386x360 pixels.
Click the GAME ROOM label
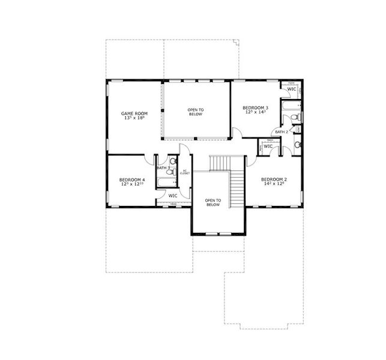[x=134, y=113]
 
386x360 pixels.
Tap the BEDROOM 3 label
[x=256, y=107]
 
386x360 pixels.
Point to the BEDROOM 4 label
[x=131, y=179]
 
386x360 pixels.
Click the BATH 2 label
[x=282, y=131]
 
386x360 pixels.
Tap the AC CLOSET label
[x=185, y=172]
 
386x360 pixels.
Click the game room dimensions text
[x=134, y=118]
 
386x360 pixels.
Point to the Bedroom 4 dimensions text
[x=131, y=184]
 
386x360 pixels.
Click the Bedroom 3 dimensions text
[x=256, y=112]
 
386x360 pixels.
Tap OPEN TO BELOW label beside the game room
[x=196, y=112]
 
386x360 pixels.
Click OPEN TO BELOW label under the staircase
[x=213, y=202]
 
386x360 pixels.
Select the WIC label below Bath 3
[x=172, y=196]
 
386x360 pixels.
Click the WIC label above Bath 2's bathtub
[x=291, y=89]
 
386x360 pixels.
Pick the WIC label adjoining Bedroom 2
[x=268, y=146]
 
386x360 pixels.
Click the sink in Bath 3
[x=172, y=161]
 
